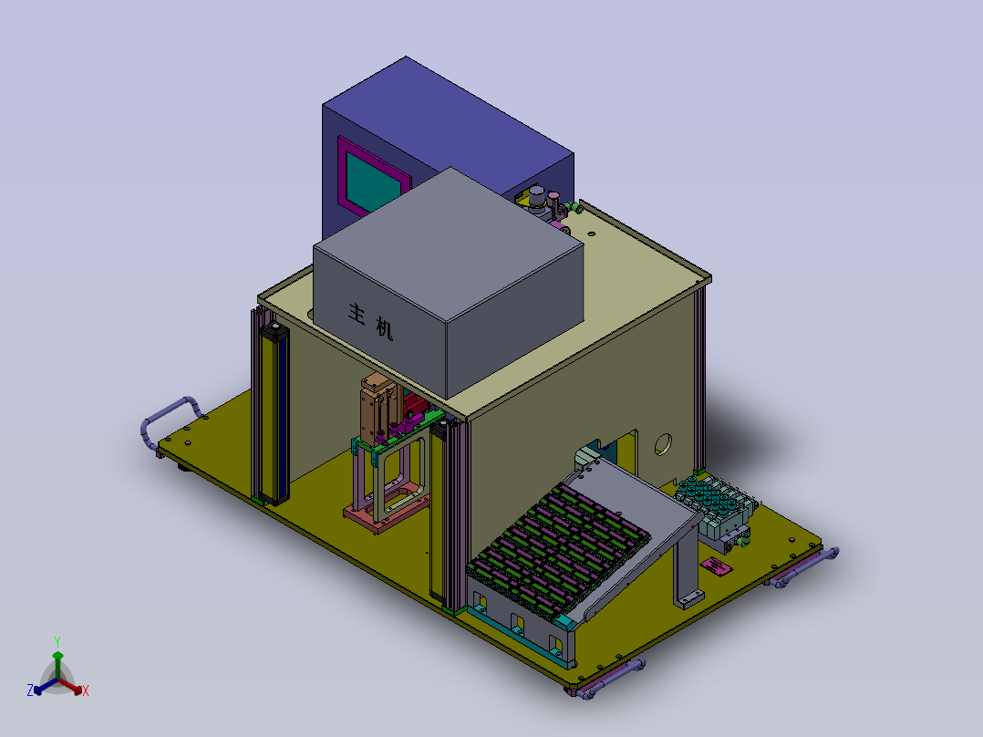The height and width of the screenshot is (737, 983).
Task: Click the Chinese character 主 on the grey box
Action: pyautogui.click(x=357, y=314)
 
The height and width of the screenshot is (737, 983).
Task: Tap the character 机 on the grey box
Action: pyautogui.click(x=384, y=328)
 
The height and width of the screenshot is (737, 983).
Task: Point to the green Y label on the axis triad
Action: pyautogui.click(x=57, y=642)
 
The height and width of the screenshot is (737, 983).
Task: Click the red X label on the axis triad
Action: pyautogui.click(x=86, y=690)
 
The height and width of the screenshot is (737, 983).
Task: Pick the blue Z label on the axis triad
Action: pyautogui.click(x=29, y=690)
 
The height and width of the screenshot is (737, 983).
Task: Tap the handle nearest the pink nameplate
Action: pyautogui.click(x=804, y=567)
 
